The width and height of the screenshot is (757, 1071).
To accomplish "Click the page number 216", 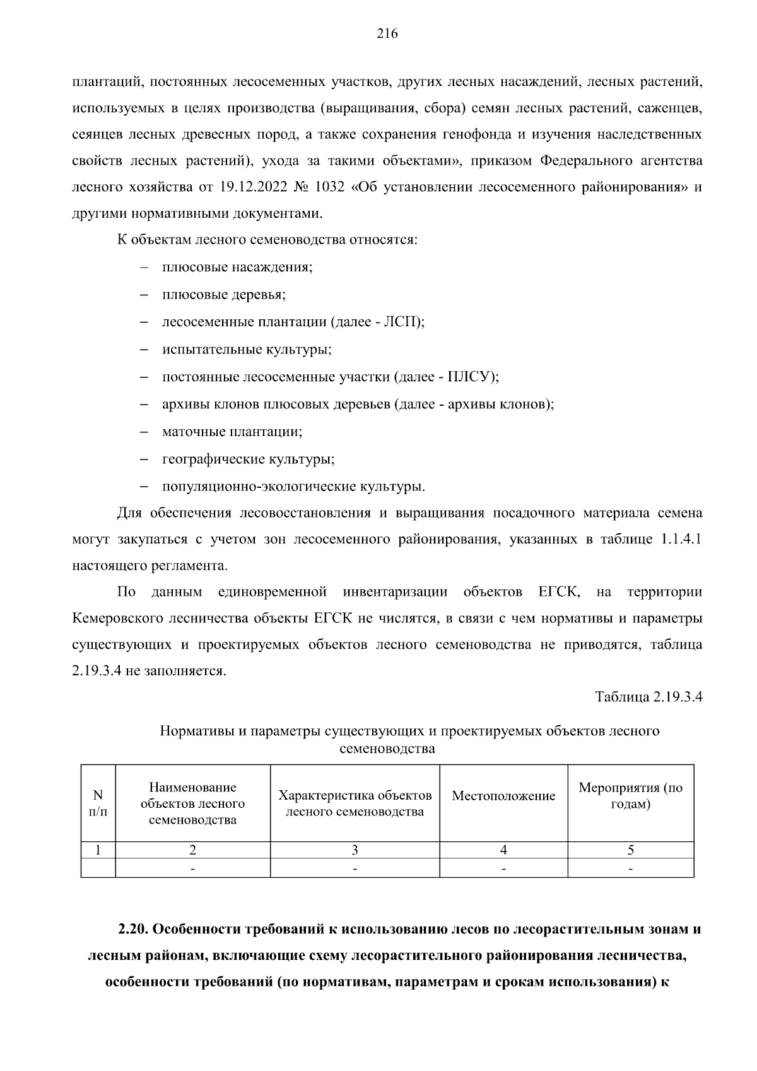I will point(387,34).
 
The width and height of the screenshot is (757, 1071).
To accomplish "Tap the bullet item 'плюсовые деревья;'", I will point(224,294).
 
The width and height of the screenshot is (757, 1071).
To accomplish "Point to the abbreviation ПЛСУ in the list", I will point(469,377).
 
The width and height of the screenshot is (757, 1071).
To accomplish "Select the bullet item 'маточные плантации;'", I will point(232,432).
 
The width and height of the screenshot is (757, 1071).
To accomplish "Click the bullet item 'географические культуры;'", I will point(248,459).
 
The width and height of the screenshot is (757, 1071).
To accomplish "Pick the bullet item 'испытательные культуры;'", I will point(247,349).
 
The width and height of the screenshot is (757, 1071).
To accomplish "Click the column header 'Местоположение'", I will point(503,796).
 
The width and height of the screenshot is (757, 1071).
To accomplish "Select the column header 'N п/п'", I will point(98,803).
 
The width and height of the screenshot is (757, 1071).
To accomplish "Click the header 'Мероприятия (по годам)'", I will point(630,796).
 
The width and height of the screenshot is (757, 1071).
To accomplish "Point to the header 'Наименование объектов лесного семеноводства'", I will point(192,803).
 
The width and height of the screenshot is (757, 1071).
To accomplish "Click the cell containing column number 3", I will point(355,849).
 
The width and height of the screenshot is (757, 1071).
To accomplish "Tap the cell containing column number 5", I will point(630,849).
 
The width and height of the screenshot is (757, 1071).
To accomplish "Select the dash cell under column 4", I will point(503,868).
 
